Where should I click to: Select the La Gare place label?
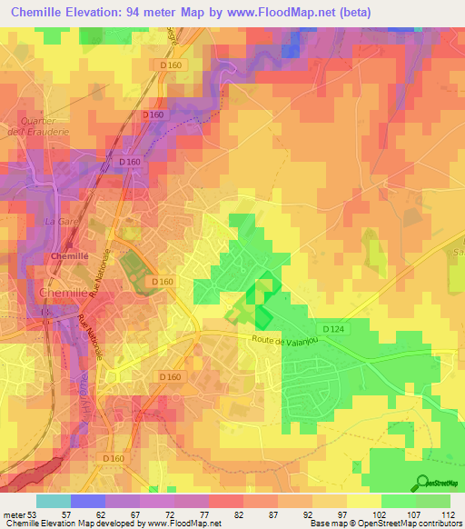click(57, 221)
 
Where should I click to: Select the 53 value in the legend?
click(35, 514)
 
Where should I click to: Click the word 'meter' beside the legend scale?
click(14, 514)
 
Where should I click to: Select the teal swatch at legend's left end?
click(53, 501)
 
